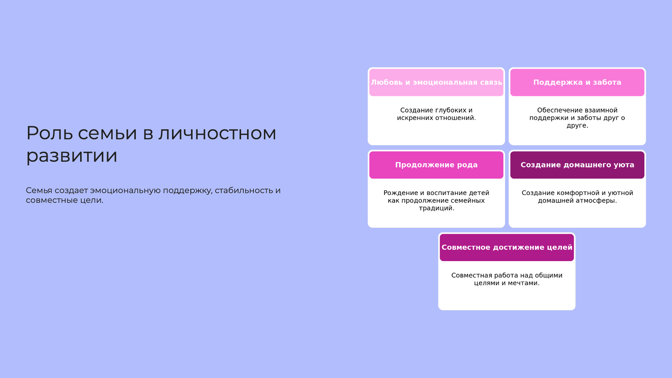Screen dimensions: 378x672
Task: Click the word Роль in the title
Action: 50,133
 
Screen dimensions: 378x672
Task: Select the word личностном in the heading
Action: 217,133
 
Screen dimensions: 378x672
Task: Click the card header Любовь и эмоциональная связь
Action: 436,83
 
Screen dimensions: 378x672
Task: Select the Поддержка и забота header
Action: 577,83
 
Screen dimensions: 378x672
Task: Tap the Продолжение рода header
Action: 436,165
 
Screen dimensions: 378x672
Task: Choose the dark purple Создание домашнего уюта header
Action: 577,165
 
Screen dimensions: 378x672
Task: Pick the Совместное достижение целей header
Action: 507,247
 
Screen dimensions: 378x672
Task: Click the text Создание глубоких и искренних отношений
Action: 436,114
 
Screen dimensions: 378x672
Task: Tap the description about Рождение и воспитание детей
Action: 436,200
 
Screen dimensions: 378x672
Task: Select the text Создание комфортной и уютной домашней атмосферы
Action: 577,197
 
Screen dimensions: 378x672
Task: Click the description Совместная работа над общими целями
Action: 507,279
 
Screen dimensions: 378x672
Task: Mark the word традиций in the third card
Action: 436,208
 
